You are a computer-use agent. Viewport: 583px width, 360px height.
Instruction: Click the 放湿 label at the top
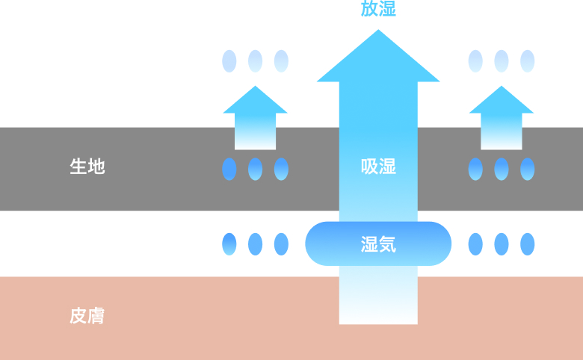click(378, 9)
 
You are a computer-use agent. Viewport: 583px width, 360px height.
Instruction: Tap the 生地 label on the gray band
click(87, 167)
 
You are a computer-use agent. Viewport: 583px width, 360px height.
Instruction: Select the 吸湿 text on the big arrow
click(378, 167)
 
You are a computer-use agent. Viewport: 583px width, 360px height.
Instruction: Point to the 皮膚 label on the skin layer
click(87, 316)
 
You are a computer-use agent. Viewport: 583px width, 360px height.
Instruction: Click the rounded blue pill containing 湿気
click(378, 243)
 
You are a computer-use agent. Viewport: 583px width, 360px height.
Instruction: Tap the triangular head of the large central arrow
click(378, 60)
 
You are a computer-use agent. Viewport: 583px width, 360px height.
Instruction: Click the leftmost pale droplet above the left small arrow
click(229, 61)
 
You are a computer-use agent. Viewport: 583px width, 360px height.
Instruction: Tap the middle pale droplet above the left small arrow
click(255, 61)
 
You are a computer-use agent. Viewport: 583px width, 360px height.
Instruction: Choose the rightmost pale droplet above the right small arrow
click(527, 61)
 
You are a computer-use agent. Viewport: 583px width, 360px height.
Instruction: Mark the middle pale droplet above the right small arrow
click(501, 61)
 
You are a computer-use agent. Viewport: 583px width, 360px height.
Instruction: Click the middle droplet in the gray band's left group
click(255, 170)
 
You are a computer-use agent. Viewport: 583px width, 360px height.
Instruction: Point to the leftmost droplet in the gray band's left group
click(229, 170)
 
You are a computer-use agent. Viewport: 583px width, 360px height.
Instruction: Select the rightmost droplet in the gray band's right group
click(527, 170)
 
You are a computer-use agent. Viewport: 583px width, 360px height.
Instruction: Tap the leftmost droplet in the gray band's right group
click(475, 170)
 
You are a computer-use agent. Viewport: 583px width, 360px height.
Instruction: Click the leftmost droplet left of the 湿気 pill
click(229, 244)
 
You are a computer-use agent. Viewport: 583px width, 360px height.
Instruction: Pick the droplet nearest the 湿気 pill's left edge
click(281, 244)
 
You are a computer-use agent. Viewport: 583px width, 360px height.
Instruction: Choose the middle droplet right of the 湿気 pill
click(501, 244)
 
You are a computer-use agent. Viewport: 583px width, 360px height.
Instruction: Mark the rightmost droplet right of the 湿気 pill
click(527, 244)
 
